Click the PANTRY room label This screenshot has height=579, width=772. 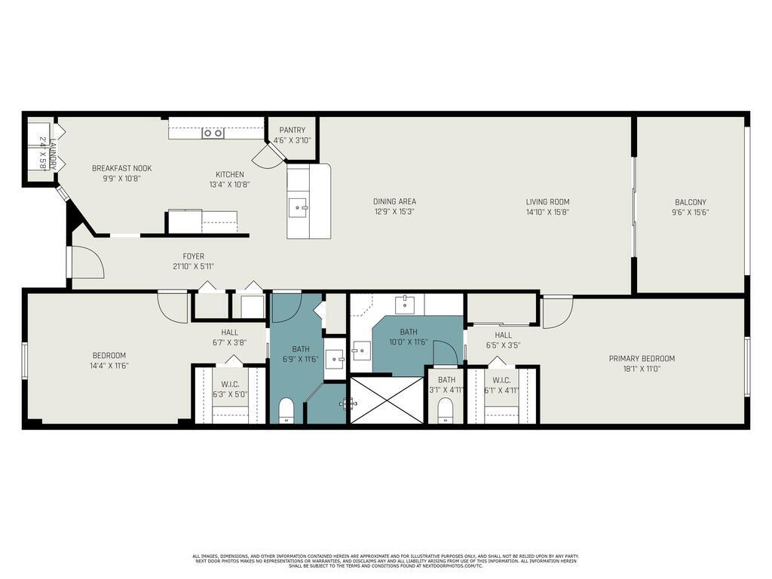290,130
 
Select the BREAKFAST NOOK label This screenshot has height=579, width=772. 121,168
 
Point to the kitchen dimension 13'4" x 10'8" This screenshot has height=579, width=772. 230,184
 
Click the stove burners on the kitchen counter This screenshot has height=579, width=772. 213,133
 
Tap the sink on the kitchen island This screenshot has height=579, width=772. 299,205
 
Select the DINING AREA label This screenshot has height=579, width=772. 394,201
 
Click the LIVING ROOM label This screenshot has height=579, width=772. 547,201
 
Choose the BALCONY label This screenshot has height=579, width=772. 690,201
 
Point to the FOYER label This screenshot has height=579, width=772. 193,256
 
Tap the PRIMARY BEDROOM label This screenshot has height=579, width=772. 642,359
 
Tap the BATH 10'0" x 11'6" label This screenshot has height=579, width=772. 409,332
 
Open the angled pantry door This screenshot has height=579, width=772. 266,157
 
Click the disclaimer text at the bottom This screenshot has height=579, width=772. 385,561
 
